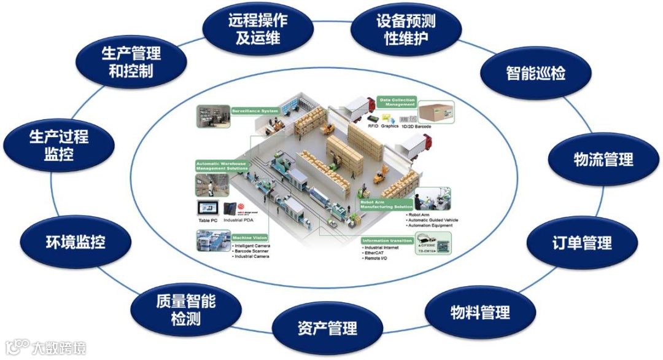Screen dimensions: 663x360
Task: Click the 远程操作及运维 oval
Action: [258, 29]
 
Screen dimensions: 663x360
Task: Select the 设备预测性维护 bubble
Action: [405, 29]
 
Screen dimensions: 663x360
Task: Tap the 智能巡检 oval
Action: [535, 73]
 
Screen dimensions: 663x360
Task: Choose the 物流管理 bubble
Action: [603, 160]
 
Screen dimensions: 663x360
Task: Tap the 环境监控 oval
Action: [76, 242]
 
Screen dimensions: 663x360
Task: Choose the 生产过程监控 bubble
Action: [59, 145]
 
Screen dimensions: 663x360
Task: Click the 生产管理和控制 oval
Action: [131, 62]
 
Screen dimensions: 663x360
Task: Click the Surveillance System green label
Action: [254, 111]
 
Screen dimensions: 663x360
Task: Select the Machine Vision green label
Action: [249, 237]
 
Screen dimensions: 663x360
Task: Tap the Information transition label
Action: [387, 240]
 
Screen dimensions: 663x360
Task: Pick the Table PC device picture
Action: [207, 210]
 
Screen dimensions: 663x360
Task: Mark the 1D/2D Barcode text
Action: [416, 126]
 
